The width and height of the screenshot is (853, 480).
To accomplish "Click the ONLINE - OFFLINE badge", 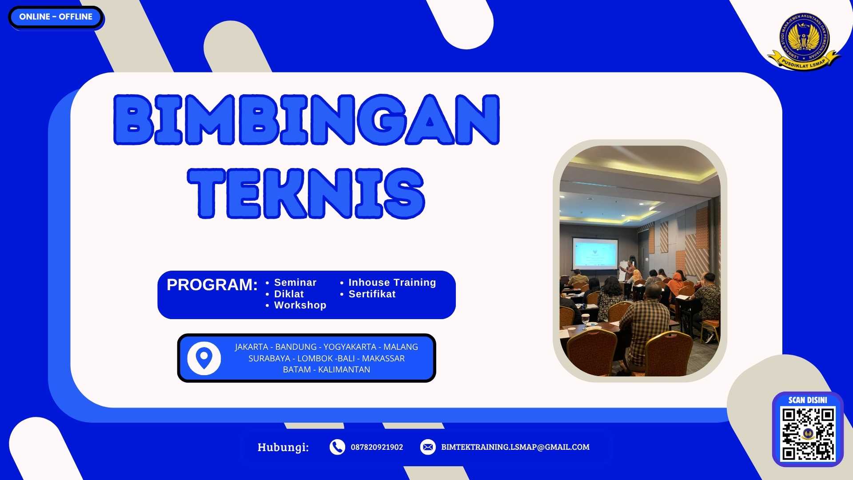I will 56,17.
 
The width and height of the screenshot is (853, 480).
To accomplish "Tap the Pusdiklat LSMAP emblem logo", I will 804,41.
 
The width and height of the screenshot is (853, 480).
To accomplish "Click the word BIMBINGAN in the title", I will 307,120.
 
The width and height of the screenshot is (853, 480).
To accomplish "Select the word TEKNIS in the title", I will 307,193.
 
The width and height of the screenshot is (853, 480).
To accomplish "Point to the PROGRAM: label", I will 212,285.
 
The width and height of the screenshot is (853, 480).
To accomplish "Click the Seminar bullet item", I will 295,283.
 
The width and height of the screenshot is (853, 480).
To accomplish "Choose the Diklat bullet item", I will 289,294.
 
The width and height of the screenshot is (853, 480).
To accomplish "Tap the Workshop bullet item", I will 300,305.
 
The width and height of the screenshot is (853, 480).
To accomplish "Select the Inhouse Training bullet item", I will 392,283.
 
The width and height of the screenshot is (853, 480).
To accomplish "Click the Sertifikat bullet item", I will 372,294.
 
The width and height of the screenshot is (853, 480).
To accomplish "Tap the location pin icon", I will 204,358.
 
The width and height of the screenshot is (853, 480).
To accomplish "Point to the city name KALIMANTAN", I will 344,370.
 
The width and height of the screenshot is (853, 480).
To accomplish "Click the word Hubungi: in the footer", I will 283,447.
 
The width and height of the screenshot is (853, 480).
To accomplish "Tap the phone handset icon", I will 337,447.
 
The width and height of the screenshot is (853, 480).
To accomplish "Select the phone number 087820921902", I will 377,447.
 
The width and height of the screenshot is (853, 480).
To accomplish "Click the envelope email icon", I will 428,447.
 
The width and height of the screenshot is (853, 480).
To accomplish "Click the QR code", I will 808,434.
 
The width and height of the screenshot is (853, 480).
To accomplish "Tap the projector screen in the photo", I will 595,253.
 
